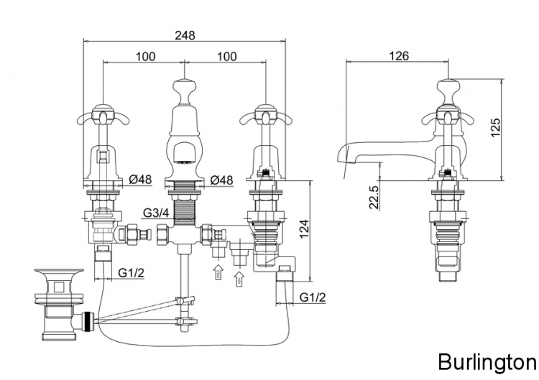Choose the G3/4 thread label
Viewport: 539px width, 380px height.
(x=156, y=213)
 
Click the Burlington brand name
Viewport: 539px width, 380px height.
(x=487, y=360)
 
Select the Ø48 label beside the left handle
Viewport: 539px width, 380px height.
(x=140, y=180)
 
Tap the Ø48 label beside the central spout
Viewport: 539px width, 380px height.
(x=221, y=180)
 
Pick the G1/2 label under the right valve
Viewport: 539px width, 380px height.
(x=313, y=297)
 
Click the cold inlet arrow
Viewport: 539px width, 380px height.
(x=217, y=274)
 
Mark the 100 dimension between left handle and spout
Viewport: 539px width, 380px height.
(x=146, y=57)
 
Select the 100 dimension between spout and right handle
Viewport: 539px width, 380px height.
(x=227, y=57)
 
